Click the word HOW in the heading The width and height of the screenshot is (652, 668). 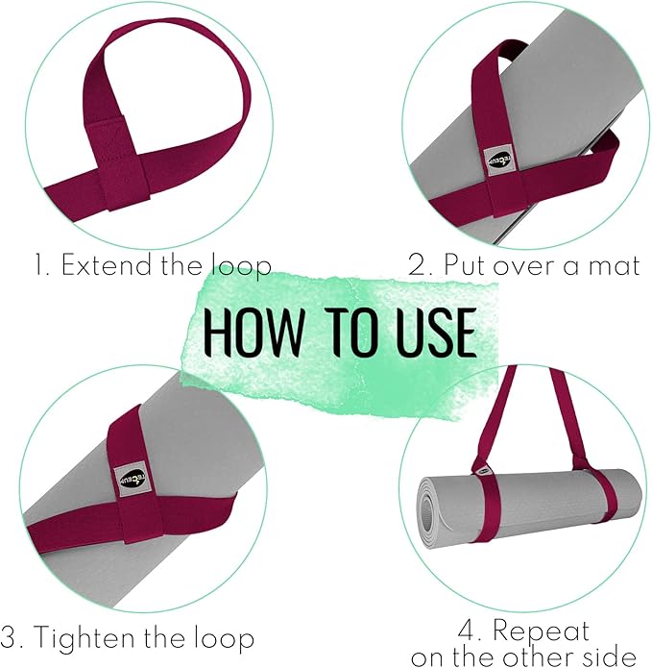(245, 332)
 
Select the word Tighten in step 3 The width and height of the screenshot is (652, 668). (81, 638)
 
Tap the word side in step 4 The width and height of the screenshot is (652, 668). (618, 657)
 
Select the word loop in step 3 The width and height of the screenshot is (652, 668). (226, 638)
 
